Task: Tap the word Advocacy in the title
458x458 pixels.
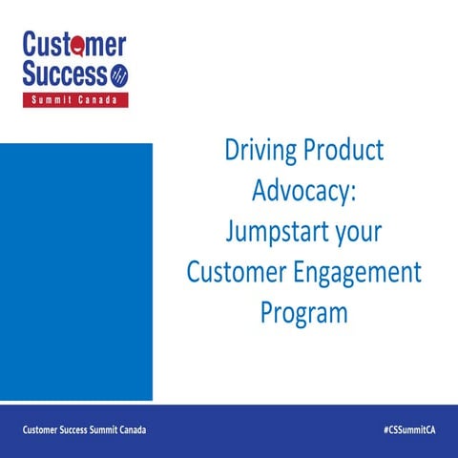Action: pyautogui.click(x=298, y=191)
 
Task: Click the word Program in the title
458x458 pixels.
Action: pyautogui.click(x=303, y=313)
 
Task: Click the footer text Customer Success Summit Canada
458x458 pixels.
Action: pyautogui.click(x=85, y=431)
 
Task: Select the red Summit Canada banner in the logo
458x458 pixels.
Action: pyautogui.click(x=75, y=100)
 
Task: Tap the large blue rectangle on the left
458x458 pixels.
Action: pyautogui.click(x=75, y=272)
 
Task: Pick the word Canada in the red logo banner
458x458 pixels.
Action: pyautogui.click(x=99, y=100)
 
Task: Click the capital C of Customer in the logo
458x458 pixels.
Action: pyautogui.click(x=31, y=45)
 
